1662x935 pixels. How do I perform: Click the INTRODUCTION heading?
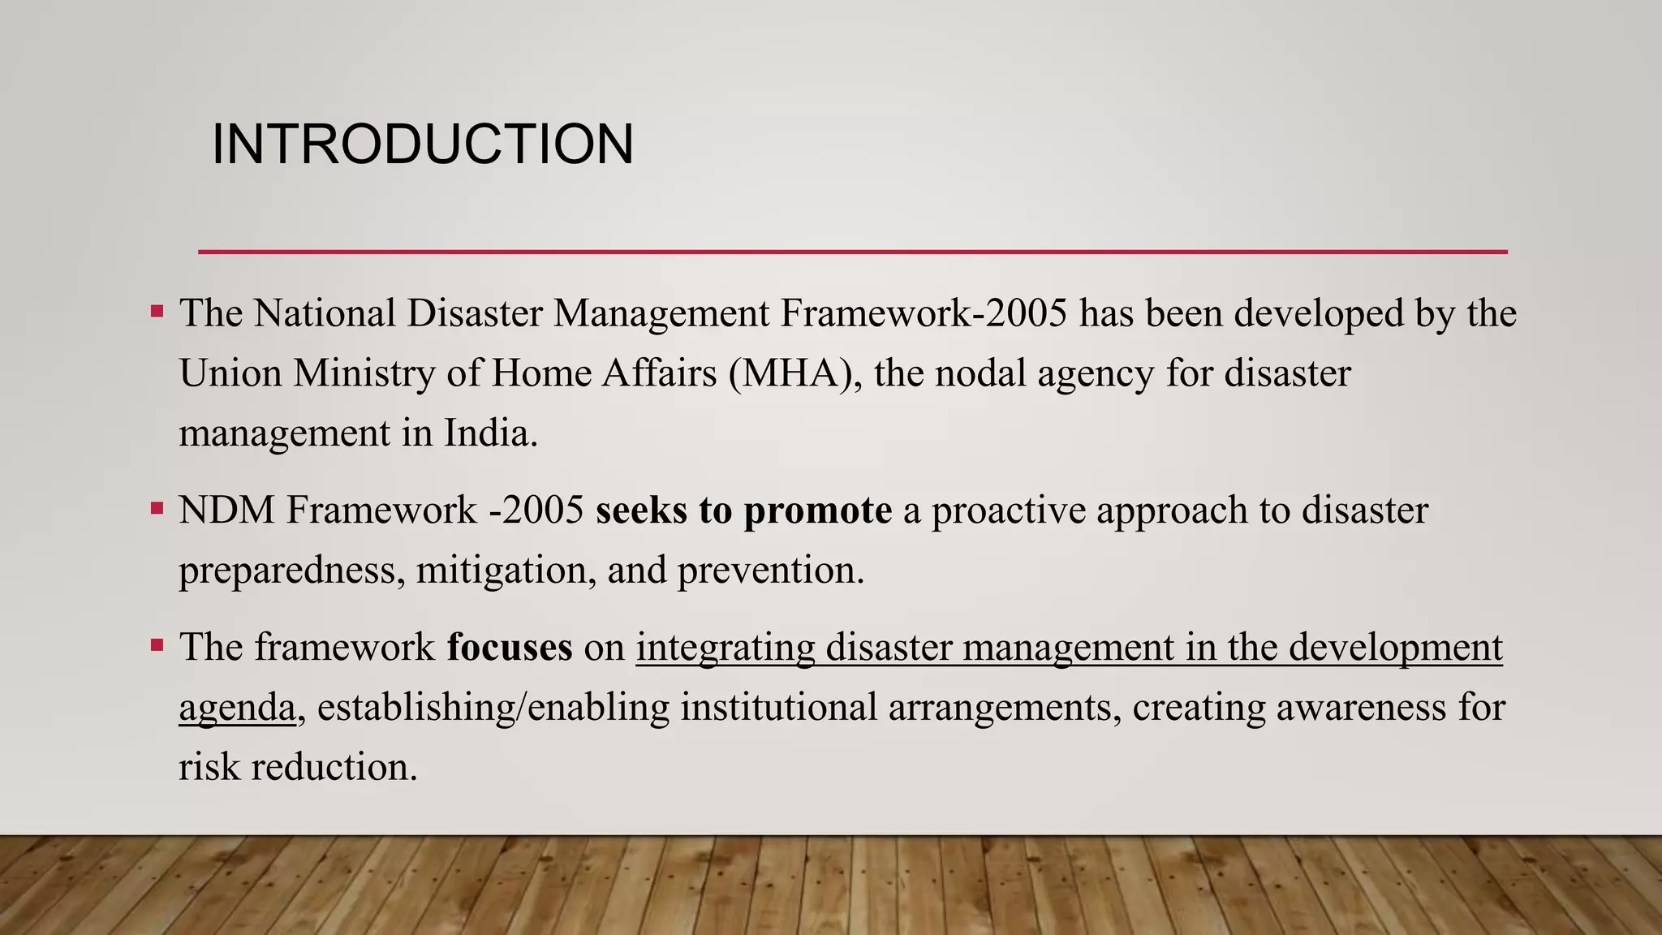(422, 144)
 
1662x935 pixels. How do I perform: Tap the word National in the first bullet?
(325, 313)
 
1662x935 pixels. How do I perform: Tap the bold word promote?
(818, 511)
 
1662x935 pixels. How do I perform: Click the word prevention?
(770, 571)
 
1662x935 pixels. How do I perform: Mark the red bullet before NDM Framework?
(157, 510)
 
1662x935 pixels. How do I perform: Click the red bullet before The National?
(157, 312)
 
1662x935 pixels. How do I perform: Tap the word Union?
(230, 373)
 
